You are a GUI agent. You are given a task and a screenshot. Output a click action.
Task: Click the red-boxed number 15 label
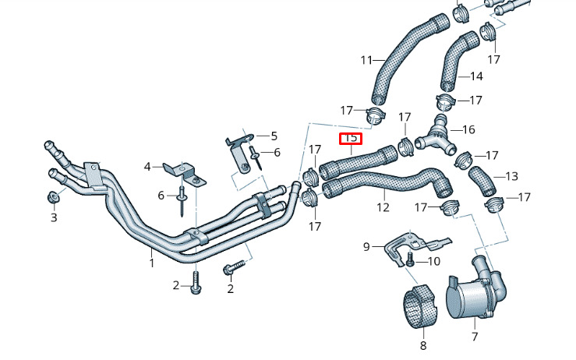[x=351, y=139]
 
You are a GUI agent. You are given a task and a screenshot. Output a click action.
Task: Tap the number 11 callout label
[x=366, y=60]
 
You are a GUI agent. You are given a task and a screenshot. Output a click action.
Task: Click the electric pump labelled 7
[x=478, y=291]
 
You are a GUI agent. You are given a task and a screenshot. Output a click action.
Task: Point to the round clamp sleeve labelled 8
[x=420, y=306]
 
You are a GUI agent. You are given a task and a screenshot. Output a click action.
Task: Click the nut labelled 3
[x=52, y=198]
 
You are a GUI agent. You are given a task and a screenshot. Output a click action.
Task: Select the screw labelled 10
[x=410, y=260]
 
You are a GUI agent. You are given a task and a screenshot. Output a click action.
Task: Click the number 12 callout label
[x=383, y=207]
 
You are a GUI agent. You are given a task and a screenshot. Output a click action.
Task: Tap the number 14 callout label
[x=476, y=76]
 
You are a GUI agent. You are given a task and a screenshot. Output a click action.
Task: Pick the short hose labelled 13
[x=482, y=181]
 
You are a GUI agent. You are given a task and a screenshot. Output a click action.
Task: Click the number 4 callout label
[x=147, y=167]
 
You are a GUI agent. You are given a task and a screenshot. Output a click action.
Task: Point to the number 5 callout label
[x=274, y=136]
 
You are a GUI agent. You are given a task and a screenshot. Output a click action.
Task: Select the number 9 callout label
[x=366, y=246]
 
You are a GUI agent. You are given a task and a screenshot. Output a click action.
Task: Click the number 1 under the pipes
[x=151, y=263]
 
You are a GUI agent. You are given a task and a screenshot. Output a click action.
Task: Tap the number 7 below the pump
[x=475, y=336]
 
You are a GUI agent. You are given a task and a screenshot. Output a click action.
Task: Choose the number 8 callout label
[x=423, y=345]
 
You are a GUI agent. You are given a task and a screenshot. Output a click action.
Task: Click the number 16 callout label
[x=468, y=129]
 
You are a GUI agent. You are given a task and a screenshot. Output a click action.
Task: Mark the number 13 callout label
[x=511, y=176]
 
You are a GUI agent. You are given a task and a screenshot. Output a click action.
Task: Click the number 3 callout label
[x=54, y=217]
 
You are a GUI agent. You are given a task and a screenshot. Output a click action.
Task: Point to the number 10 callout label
[x=434, y=261]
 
